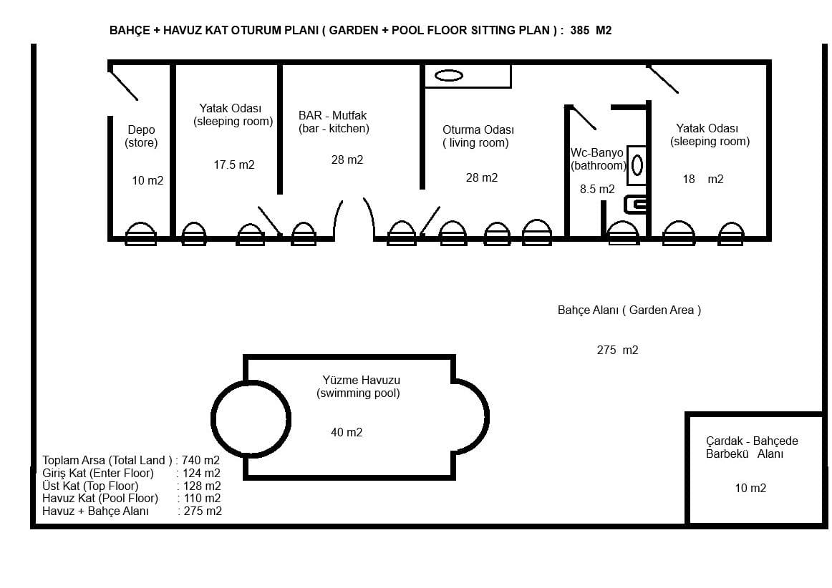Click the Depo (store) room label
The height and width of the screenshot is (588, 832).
coord(141,136)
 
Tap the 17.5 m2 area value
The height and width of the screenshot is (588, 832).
coord(234,165)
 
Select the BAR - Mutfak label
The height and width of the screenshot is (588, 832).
coord(333,116)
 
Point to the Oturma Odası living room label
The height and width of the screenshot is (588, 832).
coord(478,136)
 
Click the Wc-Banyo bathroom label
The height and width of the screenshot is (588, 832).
coord(598,159)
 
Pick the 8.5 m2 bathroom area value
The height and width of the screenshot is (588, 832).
coord(597,190)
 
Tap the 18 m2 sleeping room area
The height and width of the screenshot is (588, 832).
coord(703,180)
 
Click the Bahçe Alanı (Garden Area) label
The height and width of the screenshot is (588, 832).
coord(629,310)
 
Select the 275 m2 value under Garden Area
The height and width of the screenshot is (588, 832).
coord(618,350)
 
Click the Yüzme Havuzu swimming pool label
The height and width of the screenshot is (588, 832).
coord(359,386)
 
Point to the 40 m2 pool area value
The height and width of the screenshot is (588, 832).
coord(347,433)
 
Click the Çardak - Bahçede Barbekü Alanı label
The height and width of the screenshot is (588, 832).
coord(752,448)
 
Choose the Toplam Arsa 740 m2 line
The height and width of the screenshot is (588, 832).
coord(131,460)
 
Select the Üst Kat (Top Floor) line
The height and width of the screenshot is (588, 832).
coord(132,486)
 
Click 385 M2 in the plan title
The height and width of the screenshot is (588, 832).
coord(591,30)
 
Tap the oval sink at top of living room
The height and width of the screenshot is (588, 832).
coord(449,76)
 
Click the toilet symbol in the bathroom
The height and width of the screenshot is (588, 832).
coord(637,204)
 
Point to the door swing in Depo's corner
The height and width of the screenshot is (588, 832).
coord(123,85)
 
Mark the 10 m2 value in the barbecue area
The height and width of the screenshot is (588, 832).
coord(750,489)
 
